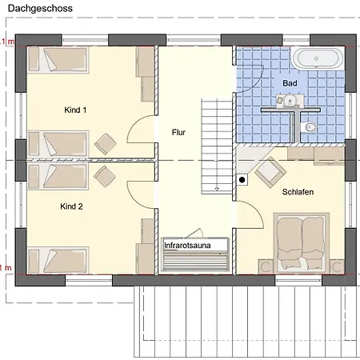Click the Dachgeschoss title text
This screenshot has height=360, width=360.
pyautogui.click(x=40, y=9)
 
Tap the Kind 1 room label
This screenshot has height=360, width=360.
pyautogui.click(x=75, y=110)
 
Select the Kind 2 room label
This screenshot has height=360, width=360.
pyautogui.click(x=71, y=206)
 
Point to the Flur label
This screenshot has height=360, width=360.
pyautogui.click(x=178, y=132)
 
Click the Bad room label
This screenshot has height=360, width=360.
pyautogui.click(x=290, y=83)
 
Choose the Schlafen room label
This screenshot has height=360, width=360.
pyautogui.click(x=298, y=192)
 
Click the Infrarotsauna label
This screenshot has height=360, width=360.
pyautogui.click(x=187, y=246)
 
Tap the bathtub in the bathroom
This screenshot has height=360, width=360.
pyautogui.click(x=317, y=58)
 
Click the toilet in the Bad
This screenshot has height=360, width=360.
pyautogui.click(x=309, y=127)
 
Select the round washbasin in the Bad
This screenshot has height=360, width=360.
pyautogui.click(x=290, y=101)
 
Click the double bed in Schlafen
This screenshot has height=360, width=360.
pyautogui.click(x=302, y=243)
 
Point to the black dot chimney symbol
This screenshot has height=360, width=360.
pyautogui.click(x=242, y=180)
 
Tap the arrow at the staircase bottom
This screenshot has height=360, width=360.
pyautogui.click(x=217, y=189)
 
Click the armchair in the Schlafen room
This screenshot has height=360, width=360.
pyautogui.click(x=270, y=172)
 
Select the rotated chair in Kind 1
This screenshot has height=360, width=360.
pyautogui.click(x=106, y=144)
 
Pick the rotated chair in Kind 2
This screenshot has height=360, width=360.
pyautogui.click(x=105, y=177)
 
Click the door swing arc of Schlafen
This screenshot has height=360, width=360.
pyautogui.click(x=257, y=210)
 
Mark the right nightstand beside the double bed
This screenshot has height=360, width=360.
pyautogui.click(x=337, y=266)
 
